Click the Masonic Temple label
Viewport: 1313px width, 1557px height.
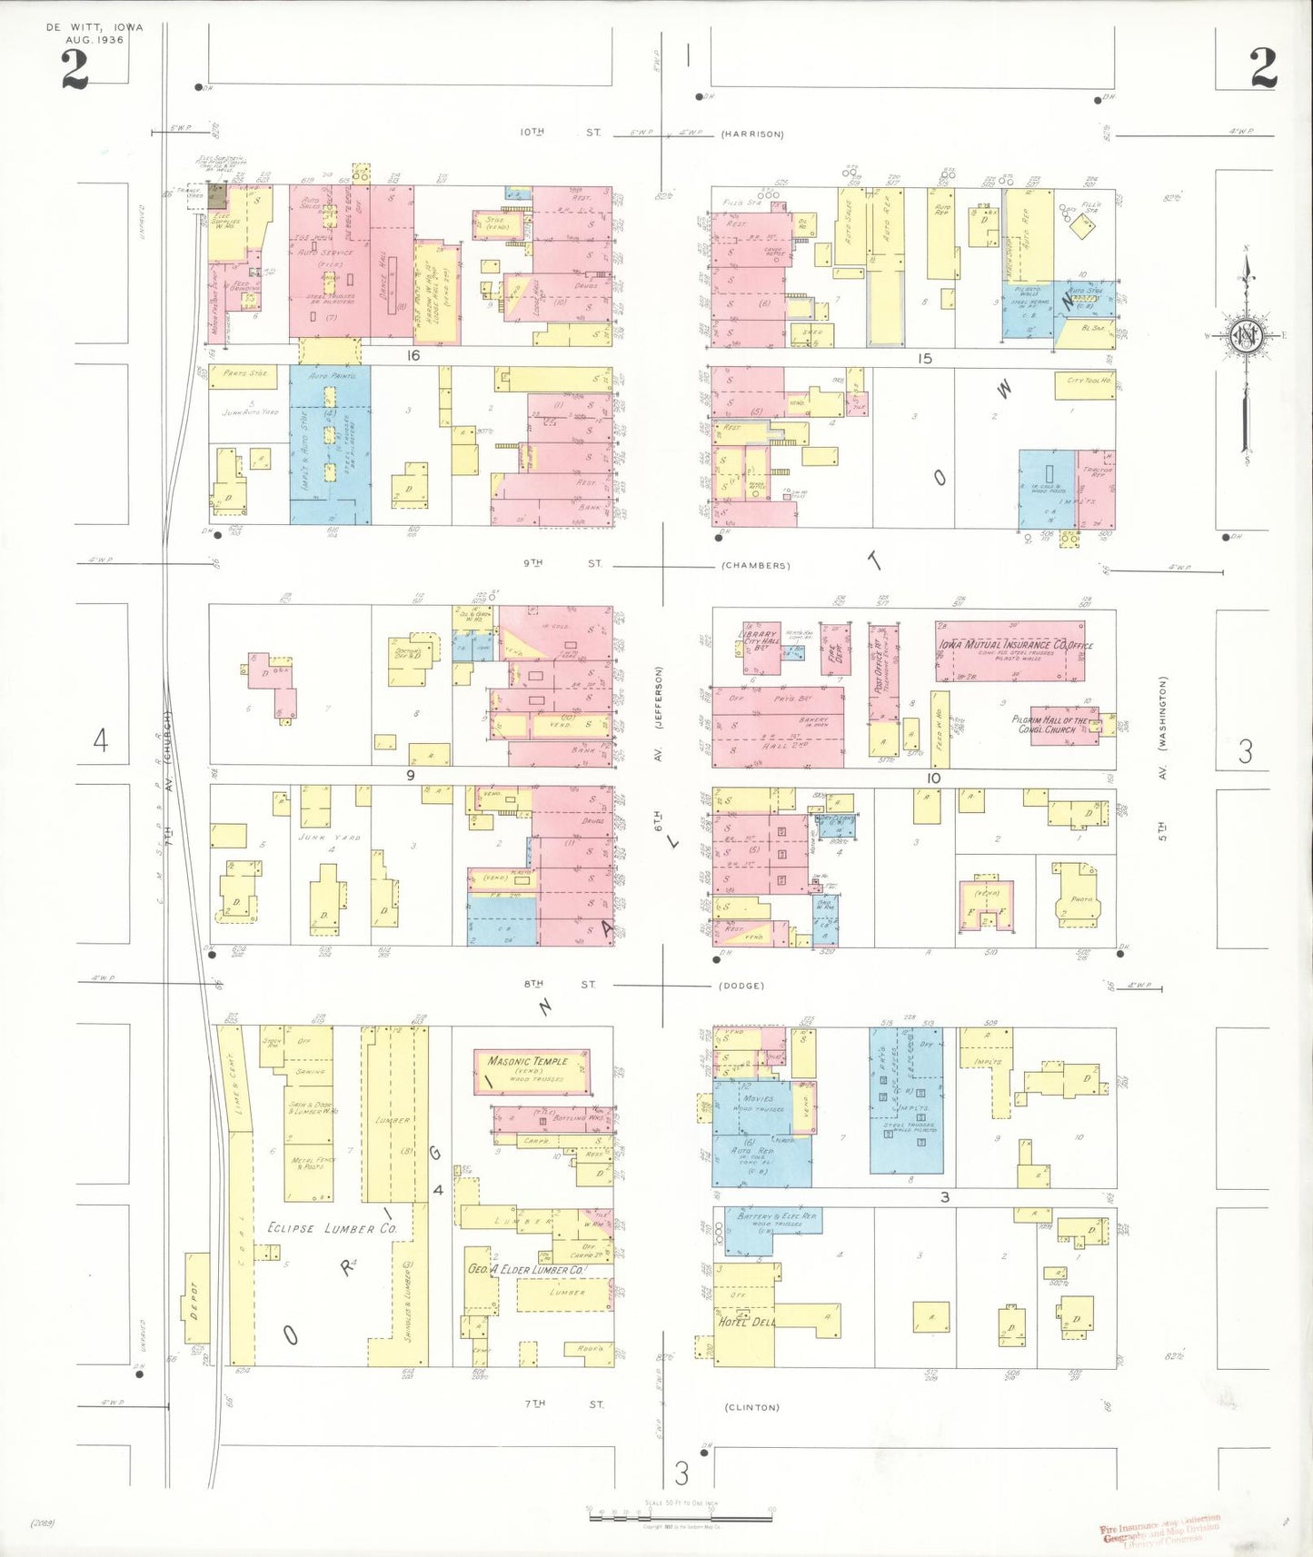528,1061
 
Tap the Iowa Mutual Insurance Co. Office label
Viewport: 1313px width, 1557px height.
1015,644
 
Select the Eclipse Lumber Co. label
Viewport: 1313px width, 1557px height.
333,1228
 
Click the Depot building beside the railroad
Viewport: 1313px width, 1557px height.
196,1299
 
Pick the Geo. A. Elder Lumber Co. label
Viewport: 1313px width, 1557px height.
525,1269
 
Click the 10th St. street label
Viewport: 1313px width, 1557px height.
560,133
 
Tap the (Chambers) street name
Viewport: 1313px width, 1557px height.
755,565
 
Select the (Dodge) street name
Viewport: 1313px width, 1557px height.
741,986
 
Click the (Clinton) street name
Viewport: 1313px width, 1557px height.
751,1407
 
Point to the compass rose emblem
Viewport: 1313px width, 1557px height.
1243,336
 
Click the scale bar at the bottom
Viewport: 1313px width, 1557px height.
681,1515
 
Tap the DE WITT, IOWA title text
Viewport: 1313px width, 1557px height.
94,28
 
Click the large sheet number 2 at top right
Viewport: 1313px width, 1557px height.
1262,68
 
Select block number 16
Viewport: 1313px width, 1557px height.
413,355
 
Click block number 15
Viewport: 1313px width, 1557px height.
924,359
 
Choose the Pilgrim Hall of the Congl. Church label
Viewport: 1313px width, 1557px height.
1049,724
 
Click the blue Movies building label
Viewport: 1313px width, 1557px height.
757,1098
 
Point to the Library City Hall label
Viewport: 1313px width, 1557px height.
761,639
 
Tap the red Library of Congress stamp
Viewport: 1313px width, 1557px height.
1160,1530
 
